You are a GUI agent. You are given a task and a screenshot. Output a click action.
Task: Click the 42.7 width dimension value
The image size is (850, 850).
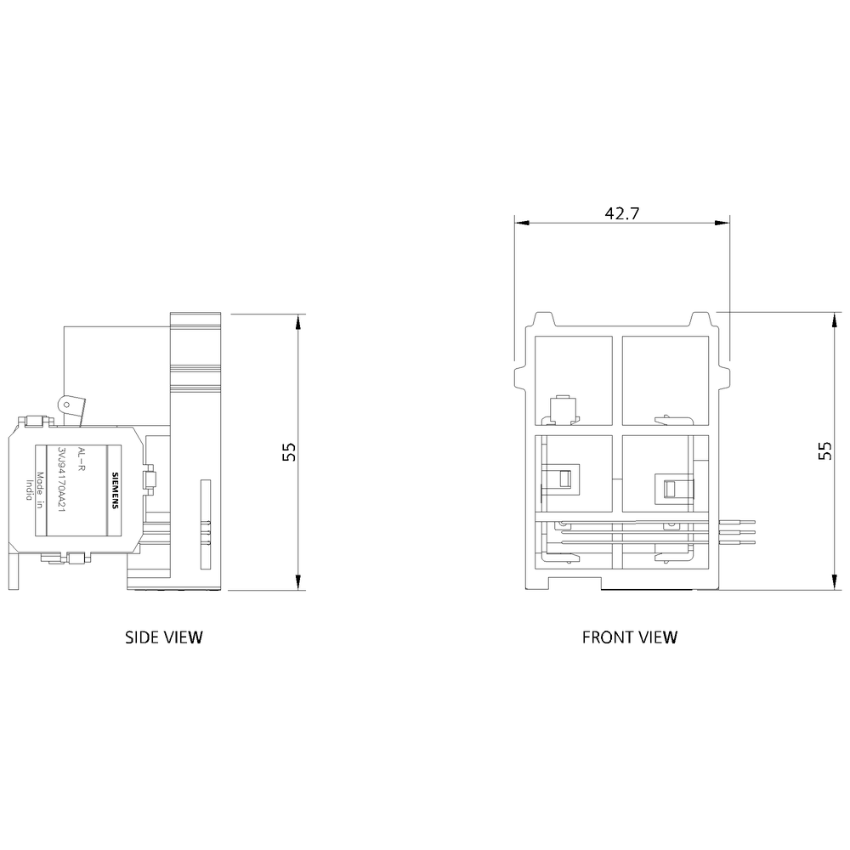tap(622, 213)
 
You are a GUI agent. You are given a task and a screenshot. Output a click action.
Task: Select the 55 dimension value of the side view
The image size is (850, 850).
tap(290, 452)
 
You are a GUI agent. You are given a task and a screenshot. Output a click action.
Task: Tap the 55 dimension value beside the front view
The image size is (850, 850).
tap(824, 450)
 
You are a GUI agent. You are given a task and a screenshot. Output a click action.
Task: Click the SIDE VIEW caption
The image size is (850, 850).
tap(164, 637)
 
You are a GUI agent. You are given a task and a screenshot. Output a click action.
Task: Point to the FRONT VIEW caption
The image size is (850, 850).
tap(630, 637)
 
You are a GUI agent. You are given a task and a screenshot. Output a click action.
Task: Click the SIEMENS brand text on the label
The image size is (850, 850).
tap(115, 490)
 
